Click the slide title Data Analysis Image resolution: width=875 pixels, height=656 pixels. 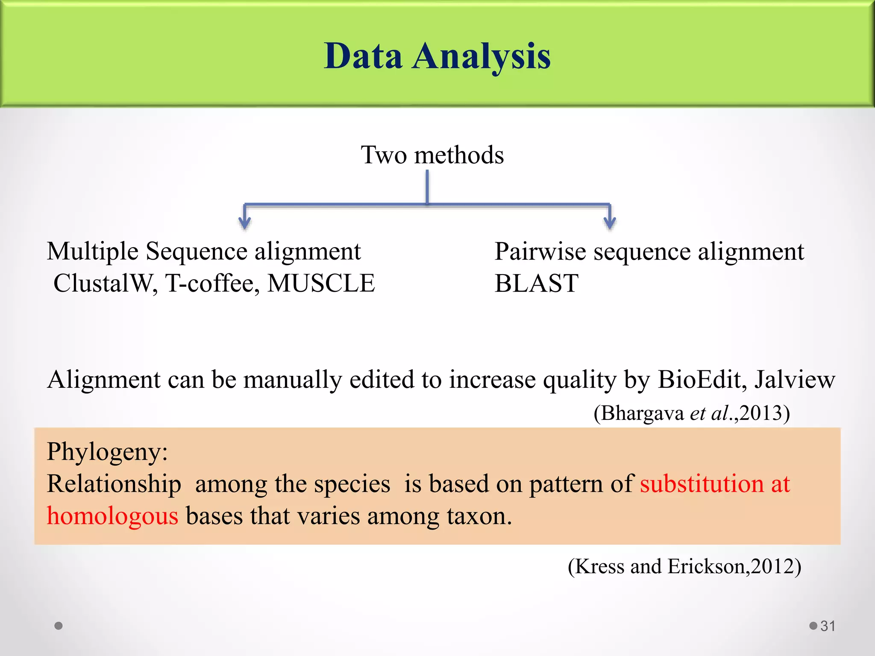[437, 57]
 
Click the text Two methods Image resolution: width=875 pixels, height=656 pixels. [432, 155]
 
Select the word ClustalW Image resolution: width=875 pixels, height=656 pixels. [105, 284]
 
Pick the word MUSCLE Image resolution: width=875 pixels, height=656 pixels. [321, 284]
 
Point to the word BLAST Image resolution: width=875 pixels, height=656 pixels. [536, 284]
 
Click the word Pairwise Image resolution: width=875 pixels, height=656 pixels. [540, 252]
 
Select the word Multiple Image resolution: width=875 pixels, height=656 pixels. [92, 252]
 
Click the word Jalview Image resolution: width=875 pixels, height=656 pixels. [794, 379]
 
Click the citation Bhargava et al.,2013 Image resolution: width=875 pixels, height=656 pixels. [691, 413]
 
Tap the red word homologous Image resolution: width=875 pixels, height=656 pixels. [112, 516]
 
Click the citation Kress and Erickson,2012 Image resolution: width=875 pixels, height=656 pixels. [684, 566]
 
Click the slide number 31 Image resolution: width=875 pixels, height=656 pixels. [828, 626]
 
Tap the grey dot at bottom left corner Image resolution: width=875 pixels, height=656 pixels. [59, 626]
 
